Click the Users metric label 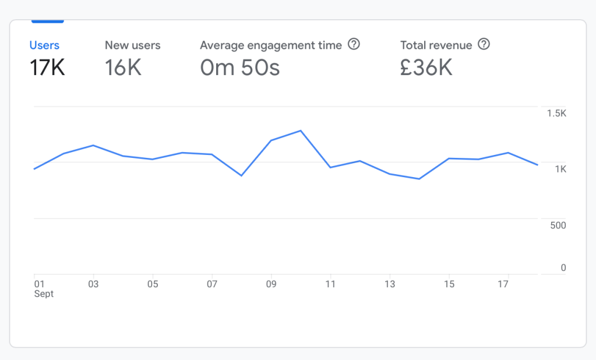[x=44, y=45]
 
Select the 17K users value [x=47, y=68]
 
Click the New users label [x=132, y=45]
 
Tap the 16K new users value [x=123, y=68]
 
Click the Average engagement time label [x=271, y=45]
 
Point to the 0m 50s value [x=239, y=68]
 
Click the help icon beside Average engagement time [x=354, y=44]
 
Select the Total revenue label [x=436, y=45]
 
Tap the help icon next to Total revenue [x=484, y=44]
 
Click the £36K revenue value [x=426, y=68]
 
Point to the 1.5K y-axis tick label [x=556, y=114]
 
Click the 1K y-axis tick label [x=560, y=170]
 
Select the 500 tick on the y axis [x=558, y=225]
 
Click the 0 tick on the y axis [x=563, y=268]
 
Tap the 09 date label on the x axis [x=271, y=284]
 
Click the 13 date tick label [x=390, y=284]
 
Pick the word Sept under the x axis [x=44, y=294]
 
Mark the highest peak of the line [x=301, y=130]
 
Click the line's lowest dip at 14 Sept [x=419, y=179]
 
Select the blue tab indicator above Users [x=47, y=21]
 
